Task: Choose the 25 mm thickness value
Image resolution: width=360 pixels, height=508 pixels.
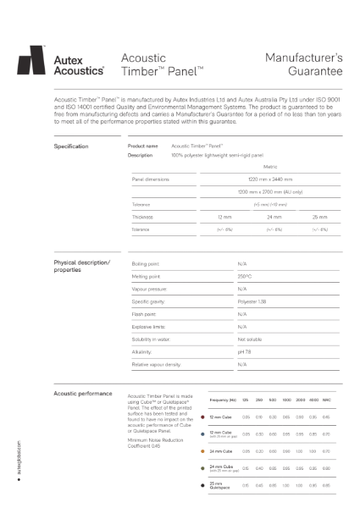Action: point(319,218)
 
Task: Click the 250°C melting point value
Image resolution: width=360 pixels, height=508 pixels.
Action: point(245,276)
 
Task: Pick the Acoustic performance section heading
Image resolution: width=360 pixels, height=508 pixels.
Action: point(82,394)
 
